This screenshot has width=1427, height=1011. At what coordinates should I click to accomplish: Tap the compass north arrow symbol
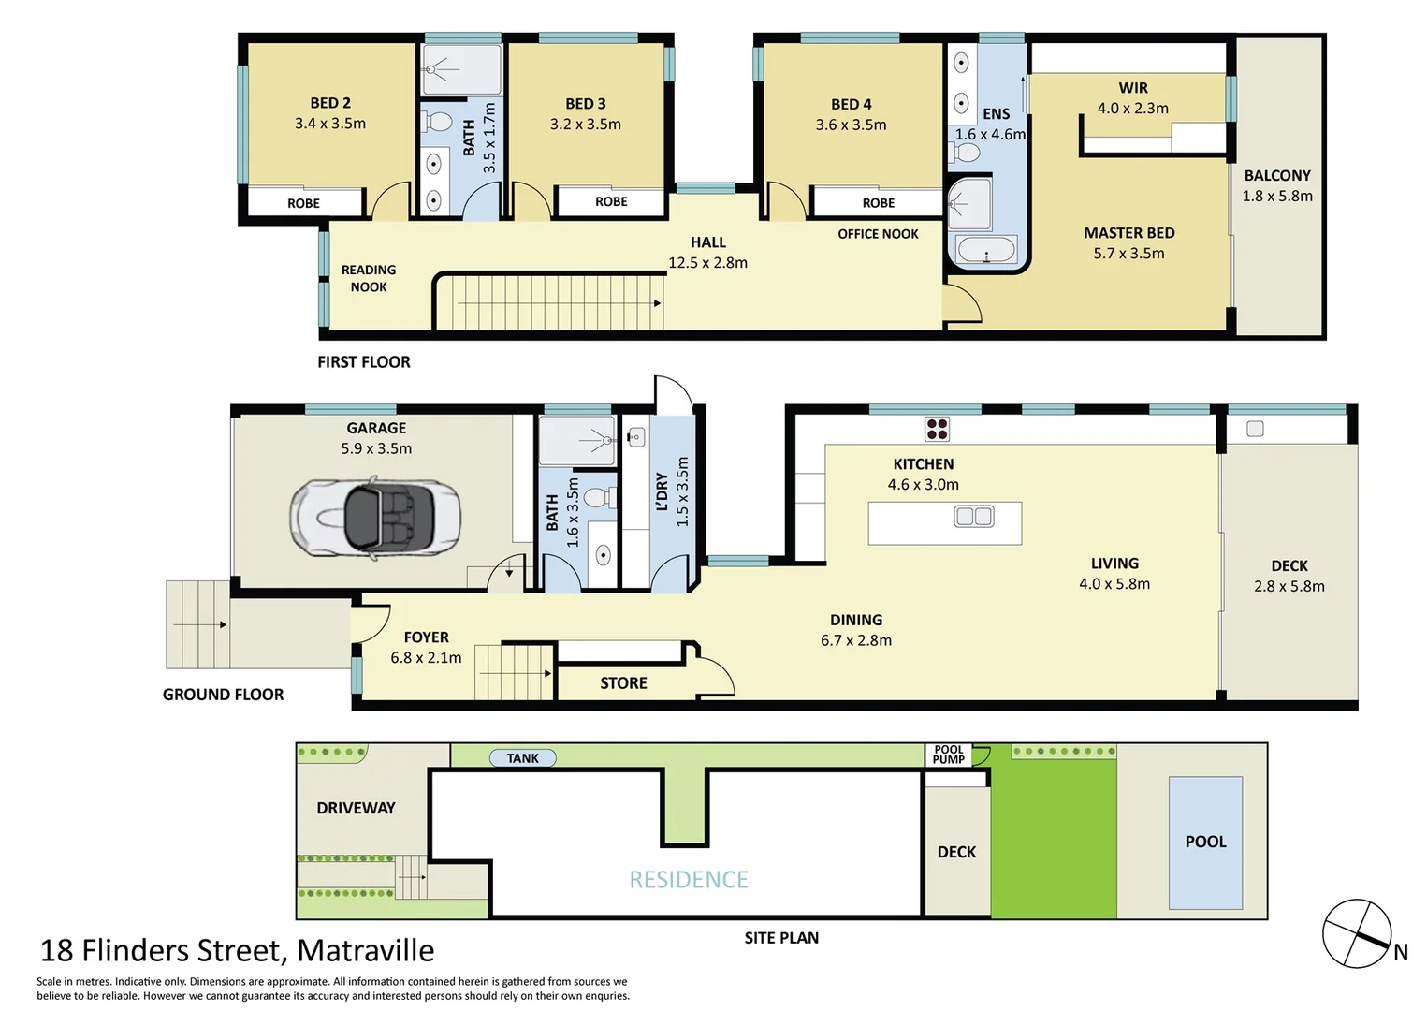1357,934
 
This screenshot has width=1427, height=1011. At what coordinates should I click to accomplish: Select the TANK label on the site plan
523,758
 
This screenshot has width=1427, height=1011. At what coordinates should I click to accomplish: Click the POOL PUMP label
948,755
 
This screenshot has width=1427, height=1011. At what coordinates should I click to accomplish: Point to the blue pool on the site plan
1205,842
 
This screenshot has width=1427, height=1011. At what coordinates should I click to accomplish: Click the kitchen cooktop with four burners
937,429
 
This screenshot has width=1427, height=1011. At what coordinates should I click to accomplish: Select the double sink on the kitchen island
973,516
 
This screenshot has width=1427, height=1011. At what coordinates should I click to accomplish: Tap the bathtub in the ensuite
986,251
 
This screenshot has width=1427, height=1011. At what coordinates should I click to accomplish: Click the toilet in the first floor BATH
436,123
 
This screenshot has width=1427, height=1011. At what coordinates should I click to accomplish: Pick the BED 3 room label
586,104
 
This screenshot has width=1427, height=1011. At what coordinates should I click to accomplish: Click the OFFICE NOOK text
878,234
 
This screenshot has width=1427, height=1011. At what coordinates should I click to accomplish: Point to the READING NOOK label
369,278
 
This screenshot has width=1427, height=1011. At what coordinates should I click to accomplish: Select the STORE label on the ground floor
623,683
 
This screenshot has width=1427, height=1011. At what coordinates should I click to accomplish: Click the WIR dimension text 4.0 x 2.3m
1132,109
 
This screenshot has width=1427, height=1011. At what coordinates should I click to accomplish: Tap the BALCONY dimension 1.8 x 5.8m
1277,196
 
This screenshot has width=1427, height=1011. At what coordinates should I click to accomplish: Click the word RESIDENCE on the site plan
689,880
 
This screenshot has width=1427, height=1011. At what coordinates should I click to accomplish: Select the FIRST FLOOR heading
364,362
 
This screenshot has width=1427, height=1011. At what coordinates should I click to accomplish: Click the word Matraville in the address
366,951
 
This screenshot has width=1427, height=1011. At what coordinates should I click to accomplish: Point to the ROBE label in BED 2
303,203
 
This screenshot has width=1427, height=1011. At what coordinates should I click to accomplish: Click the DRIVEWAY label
356,808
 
